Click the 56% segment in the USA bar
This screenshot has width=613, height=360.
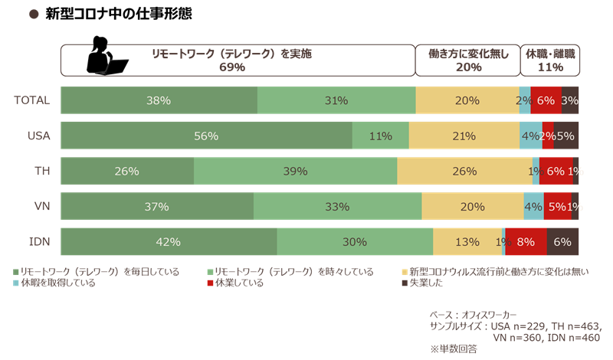(x=206, y=136)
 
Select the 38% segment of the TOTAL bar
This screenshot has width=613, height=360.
(x=159, y=100)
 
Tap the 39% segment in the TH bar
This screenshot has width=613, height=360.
(x=295, y=172)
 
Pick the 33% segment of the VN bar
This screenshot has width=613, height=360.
(x=337, y=207)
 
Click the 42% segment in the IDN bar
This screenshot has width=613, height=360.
(x=169, y=242)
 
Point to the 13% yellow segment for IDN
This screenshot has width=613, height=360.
(x=467, y=242)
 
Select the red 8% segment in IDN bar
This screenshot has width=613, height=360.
(x=526, y=242)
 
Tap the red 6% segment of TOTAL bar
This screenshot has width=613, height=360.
(x=546, y=100)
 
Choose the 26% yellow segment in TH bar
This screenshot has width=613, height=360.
(x=464, y=172)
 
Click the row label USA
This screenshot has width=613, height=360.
(x=38, y=136)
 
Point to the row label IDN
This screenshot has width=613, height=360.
(x=39, y=242)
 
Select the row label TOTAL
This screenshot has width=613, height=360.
(x=33, y=100)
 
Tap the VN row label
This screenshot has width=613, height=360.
(x=41, y=207)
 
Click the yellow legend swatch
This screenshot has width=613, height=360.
(x=405, y=272)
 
